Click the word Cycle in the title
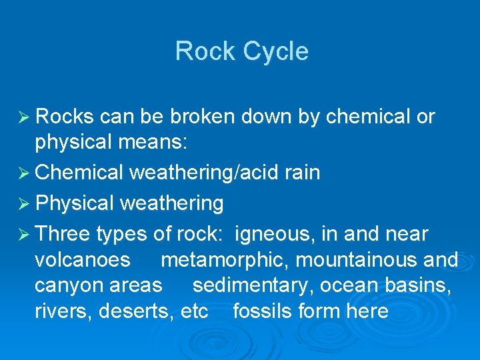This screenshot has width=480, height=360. tap(275, 52)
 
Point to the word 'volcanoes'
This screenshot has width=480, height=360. tap(82, 260)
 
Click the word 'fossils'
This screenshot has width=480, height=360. tap(261, 311)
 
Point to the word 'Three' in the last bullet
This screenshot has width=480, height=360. tap(63, 235)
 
